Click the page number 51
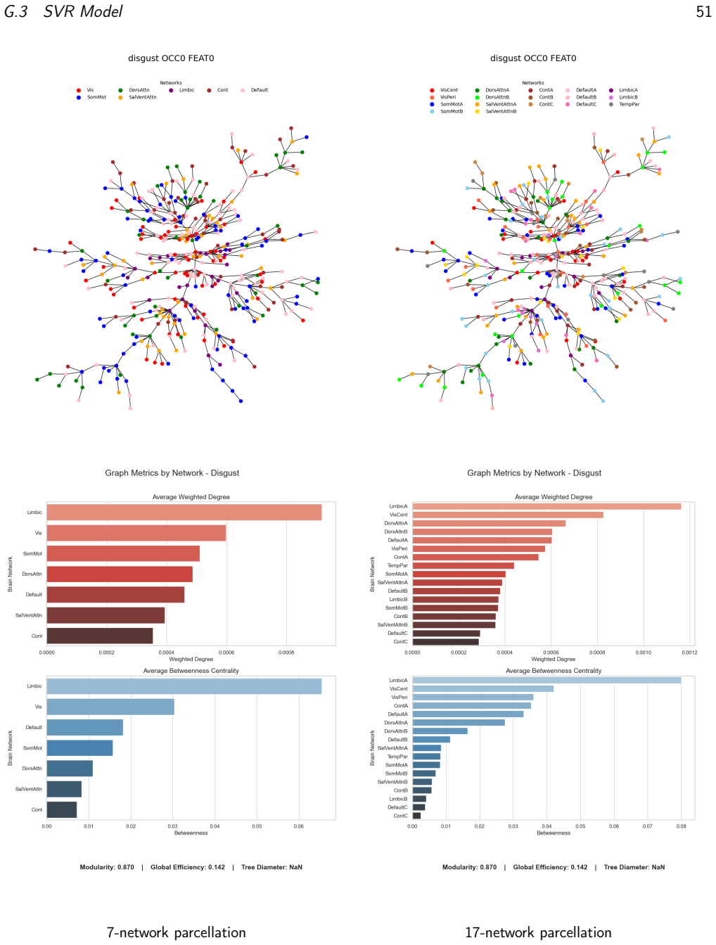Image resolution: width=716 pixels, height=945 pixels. click(703, 11)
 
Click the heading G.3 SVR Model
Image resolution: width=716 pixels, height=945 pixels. click(63, 11)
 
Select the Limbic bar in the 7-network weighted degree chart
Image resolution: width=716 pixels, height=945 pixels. click(184, 513)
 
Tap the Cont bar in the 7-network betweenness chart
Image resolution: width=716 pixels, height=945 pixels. click(62, 809)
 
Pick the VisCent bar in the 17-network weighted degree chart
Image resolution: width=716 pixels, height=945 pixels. click(508, 515)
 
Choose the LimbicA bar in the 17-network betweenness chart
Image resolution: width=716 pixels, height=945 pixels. click(546, 680)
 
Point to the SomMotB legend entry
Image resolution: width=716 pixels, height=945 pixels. click(447, 112)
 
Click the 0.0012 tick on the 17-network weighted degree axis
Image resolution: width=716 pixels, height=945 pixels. click(689, 652)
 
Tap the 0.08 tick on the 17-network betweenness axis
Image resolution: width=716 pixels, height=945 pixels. click(681, 826)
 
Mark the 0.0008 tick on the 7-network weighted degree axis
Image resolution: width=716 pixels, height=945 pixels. click(286, 652)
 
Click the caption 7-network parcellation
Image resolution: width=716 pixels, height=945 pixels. click(176, 932)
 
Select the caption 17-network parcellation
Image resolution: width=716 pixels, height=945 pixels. click(538, 932)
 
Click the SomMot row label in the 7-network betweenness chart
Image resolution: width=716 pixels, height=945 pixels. click(33, 748)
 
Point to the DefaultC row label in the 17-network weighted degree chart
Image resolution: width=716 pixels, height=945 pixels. click(397, 633)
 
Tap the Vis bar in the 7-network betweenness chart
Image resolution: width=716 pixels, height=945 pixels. click(110, 707)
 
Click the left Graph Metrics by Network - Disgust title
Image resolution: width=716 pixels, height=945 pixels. click(172, 472)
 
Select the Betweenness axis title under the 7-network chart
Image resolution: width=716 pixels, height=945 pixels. click(191, 832)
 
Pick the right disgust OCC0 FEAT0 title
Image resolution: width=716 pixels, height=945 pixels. click(533, 58)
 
